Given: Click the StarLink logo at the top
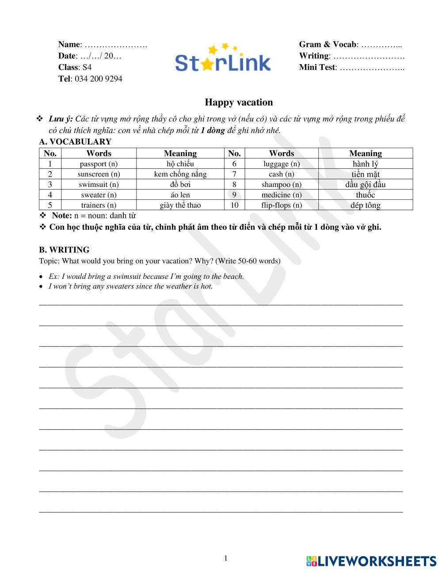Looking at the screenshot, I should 222,60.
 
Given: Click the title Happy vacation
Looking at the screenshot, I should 239,103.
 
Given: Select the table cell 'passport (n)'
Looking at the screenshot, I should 99,164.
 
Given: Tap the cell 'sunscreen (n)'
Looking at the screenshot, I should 99,174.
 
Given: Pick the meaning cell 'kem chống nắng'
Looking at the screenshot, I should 180,174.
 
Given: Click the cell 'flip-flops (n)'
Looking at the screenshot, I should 282,205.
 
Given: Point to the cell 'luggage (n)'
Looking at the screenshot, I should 282,164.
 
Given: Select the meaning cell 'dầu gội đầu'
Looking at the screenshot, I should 365,185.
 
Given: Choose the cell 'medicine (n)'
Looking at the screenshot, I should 282,195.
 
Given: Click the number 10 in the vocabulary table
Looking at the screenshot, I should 234,205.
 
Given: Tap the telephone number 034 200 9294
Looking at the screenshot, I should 98,79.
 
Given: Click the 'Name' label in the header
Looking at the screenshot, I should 69,44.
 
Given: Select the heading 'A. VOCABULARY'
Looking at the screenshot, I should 75,142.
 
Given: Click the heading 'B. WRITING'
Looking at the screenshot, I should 64,250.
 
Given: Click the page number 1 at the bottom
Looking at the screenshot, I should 225,558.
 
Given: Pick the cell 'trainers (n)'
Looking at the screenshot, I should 99,205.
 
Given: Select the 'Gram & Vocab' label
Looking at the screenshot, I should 327,44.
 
